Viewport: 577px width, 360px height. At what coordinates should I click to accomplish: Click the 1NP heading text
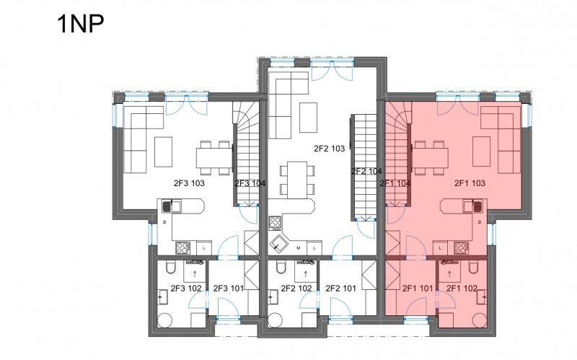pyautogui.click(x=81, y=24)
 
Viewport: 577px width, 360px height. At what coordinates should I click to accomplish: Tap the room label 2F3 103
pyautogui.click(x=189, y=183)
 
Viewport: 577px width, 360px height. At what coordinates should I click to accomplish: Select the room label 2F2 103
pyautogui.click(x=330, y=149)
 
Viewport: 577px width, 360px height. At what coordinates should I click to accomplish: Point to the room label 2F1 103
pyautogui.click(x=470, y=183)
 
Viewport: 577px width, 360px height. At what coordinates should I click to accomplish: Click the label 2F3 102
pyautogui.click(x=186, y=289)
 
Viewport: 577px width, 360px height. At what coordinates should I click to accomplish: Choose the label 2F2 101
pyautogui.click(x=340, y=289)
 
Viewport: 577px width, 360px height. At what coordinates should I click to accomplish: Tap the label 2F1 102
pyautogui.click(x=462, y=289)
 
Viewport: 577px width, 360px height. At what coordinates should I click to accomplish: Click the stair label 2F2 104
pyautogui.click(x=366, y=171)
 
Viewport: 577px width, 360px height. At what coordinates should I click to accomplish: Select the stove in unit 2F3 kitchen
pyautogui.click(x=183, y=247)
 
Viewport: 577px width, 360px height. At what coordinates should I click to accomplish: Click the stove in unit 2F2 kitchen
pyautogui.click(x=275, y=223)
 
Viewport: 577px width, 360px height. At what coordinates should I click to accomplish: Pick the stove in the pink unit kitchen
pyautogui.click(x=461, y=247)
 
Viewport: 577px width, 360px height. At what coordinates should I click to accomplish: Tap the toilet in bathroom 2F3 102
pyautogui.click(x=171, y=267)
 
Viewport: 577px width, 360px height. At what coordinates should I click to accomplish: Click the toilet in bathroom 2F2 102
pyautogui.click(x=281, y=267)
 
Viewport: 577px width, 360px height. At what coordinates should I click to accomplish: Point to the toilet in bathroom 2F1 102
pyautogui.click(x=474, y=267)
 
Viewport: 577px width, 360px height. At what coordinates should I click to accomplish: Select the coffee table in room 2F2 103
pyautogui.click(x=309, y=118)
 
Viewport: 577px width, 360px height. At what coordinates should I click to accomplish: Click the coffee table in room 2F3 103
pyautogui.click(x=164, y=152)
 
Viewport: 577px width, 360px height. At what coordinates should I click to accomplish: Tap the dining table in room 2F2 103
pyautogui.click(x=297, y=180)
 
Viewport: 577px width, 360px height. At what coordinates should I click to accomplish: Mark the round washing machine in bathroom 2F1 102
pyautogui.click(x=480, y=320)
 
